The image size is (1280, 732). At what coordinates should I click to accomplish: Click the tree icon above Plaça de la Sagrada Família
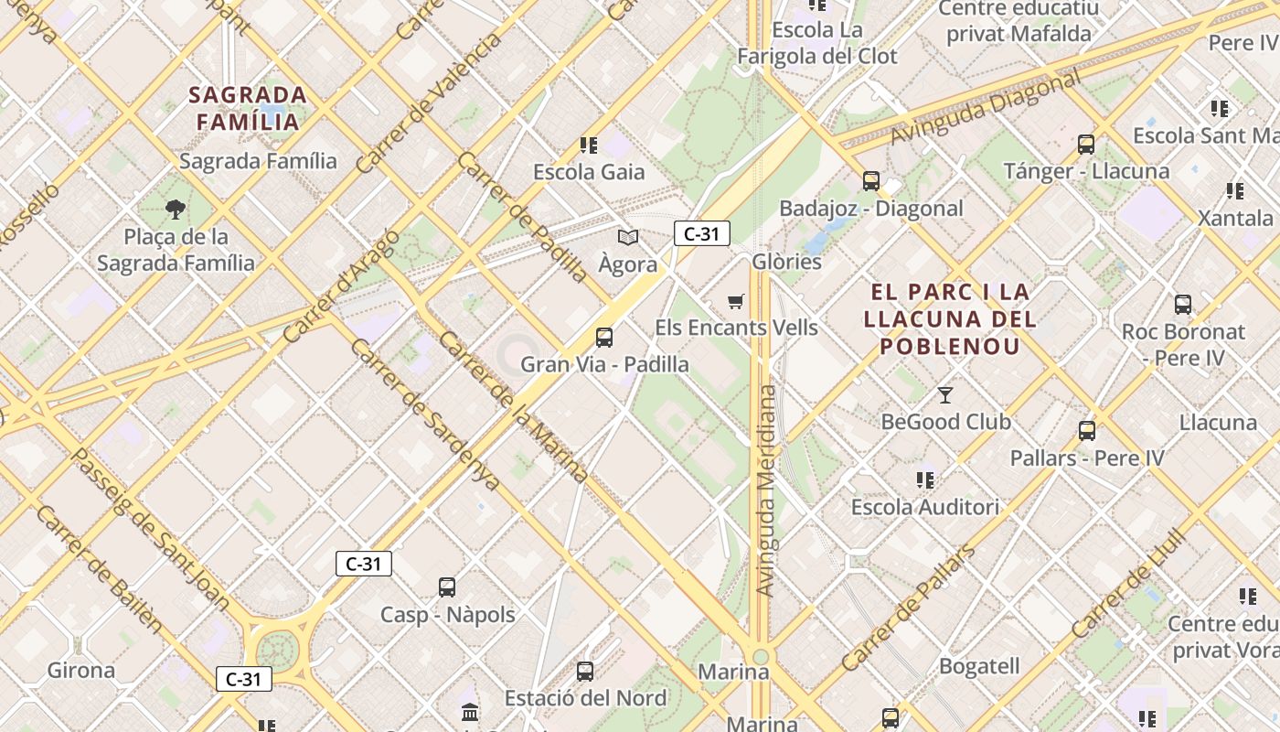pos(175,210)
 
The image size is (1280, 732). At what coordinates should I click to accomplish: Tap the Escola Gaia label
pos(589,172)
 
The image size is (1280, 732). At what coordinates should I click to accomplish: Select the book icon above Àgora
pos(627,238)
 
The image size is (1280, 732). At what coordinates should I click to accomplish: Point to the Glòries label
pos(786,262)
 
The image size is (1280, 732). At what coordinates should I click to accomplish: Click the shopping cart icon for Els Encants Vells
pos(736,301)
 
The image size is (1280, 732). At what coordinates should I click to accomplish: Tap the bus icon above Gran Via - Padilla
pos(604,338)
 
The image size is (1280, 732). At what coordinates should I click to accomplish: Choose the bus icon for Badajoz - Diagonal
pos(871,181)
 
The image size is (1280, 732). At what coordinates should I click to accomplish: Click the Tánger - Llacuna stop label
pos(1086,171)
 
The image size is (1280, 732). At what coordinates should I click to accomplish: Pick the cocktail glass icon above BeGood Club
pos(945,395)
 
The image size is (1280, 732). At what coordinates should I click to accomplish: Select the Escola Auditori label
pos(924,507)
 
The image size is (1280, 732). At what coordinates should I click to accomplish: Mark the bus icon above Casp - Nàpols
pos(447,587)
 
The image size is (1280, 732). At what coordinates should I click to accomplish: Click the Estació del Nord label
pos(585,698)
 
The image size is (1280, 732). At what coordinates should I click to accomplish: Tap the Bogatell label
pos(978,666)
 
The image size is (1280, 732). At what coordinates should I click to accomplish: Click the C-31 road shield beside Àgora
pos(701,234)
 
